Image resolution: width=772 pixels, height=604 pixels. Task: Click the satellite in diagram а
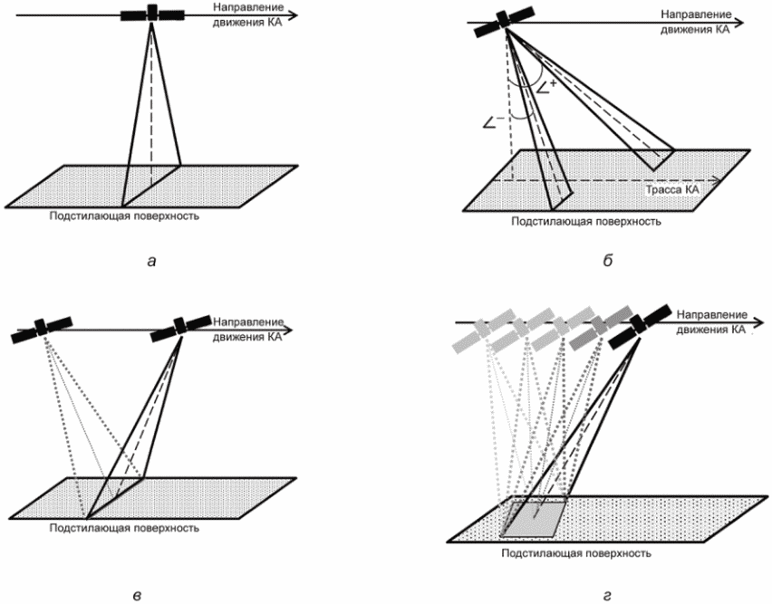(x=152, y=14)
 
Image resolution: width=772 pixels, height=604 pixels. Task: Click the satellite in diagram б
(x=504, y=21)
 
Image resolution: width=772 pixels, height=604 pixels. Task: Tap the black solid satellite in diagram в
(x=180, y=326)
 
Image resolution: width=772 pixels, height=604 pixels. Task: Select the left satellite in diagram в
(x=42, y=328)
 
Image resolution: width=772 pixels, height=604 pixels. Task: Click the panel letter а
(x=151, y=261)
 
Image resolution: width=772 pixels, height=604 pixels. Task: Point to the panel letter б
(x=608, y=261)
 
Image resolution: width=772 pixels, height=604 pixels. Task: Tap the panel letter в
(x=138, y=596)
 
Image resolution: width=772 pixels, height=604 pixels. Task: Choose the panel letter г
(x=607, y=596)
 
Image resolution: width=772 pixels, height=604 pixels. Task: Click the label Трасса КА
(x=672, y=190)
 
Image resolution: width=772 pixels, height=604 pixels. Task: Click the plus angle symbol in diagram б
(x=546, y=88)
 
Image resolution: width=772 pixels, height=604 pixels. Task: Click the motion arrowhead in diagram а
(x=293, y=14)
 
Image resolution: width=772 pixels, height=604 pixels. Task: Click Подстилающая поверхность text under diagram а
(x=124, y=216)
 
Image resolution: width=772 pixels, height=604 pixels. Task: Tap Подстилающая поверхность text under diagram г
(x=576, y=553)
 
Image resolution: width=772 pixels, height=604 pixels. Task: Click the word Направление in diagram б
(x=696, y=14)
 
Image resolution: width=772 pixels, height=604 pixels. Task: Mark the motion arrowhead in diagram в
(x=287, y=330)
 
